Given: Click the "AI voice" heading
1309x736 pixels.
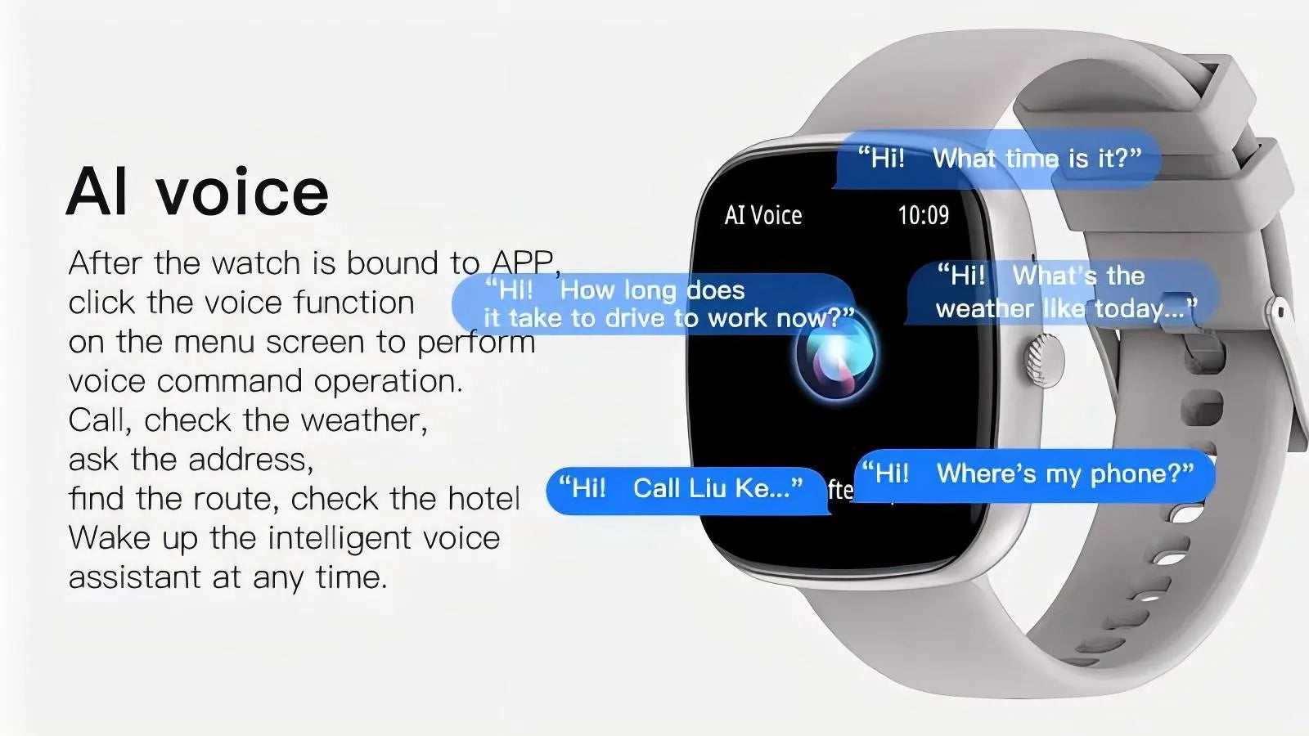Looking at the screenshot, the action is pyautogui.click(x=197, y=191).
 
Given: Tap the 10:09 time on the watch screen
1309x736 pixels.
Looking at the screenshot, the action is pyautogui.click(x=924, y=216).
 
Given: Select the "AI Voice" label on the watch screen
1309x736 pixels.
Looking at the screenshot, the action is pyautogui.click(x=763, y=216).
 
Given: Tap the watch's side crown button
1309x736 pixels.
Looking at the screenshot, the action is pyautogui.click(x=1043, y=360).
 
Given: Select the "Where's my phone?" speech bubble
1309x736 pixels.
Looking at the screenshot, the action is pyautogui.click(x=1034, y=475).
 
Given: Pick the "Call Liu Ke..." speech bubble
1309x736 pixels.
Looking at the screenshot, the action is pyautogui.click(x=688, y=490).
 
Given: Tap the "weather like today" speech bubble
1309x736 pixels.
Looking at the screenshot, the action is pyautogui.click(x=1064, y=292).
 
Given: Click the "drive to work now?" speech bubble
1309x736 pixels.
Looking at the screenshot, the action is pyautogui.click(x=654, y=303).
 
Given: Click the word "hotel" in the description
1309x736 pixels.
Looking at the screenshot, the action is pyautogui.click(x=484, y=499).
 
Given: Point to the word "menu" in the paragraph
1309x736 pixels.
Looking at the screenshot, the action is pyautogui.click(x=214, y=343).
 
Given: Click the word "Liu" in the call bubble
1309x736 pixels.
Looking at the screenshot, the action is pyautogui.click(x=708, y=487).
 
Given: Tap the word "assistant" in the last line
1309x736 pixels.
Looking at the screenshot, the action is pyautogui.click(x=134, y=577).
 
